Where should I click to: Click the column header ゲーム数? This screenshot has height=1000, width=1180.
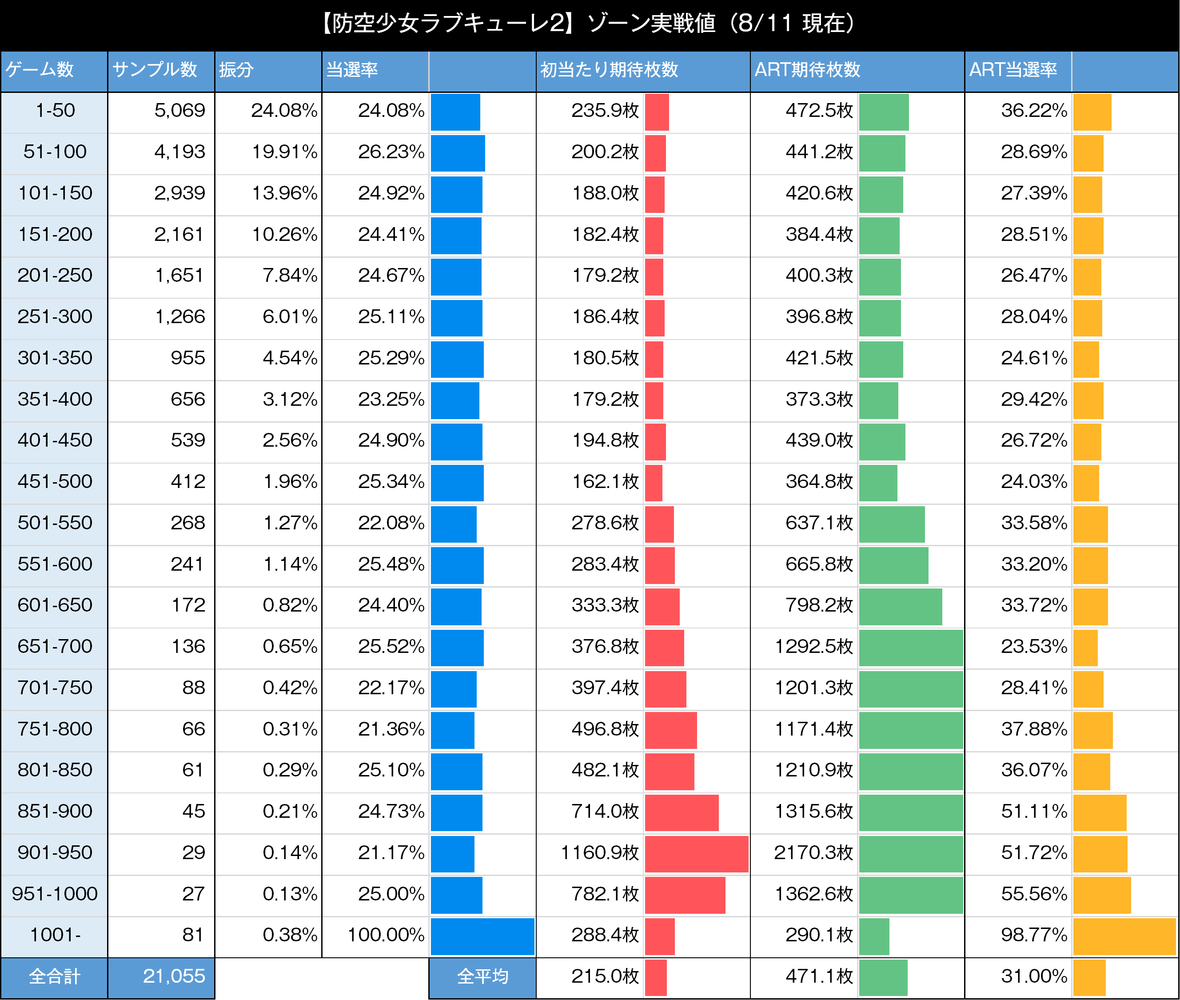[x=40, y=70]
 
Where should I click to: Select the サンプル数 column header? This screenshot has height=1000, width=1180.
[x=155, y=70]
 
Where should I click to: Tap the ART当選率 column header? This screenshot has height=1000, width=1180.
[x=1013, y=70]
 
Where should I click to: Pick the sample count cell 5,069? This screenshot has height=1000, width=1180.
[x=179, y=111]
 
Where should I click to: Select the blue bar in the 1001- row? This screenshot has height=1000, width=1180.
[x=482, y=936]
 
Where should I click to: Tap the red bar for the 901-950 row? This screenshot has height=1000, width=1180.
[x=696, y=854]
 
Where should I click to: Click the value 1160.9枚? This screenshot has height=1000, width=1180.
[x=600, y=852]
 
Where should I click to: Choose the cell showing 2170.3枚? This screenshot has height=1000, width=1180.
[x=813, y=852]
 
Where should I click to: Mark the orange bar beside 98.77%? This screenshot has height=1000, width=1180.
[x=1124, y=936]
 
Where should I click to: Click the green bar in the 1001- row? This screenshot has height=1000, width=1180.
[x=874, y=936]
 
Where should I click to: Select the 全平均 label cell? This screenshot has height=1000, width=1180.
[x=482, y=976]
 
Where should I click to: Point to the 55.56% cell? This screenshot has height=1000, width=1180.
[x=1034, y=894]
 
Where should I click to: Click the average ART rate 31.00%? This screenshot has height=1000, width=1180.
[x=1034, y=976]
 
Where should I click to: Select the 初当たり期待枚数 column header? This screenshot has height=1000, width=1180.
[x=609, y=70]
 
